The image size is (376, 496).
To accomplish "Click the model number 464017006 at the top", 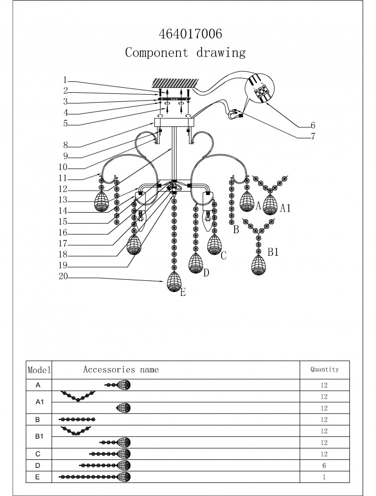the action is (191, 34).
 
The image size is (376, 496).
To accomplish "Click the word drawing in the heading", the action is (221, 53).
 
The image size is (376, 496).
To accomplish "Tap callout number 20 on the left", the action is (63, 276).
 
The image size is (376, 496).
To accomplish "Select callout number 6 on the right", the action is (313, 125).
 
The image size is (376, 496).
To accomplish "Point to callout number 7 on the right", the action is (313, 136).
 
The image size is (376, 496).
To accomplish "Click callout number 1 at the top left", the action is (65, 80).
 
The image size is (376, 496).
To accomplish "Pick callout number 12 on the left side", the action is (63, 189).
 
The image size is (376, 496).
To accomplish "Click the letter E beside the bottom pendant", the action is (183, 292).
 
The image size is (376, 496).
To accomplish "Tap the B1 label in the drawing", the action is (273, 252).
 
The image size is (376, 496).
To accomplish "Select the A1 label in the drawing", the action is (285, 208).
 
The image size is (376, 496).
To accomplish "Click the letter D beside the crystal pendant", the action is (206, 273).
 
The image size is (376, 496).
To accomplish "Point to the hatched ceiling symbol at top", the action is (175, 83).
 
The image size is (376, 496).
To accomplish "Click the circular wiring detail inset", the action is (259, 88).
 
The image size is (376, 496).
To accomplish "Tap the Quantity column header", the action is (324, 369).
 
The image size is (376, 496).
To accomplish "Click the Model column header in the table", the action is (39, 370).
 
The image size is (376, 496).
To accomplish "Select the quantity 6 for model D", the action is (324, 465).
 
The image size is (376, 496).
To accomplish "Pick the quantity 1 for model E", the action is (324, 477).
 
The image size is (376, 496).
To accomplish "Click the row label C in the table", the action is (38, 454).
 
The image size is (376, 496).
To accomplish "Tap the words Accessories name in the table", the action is (121, 370).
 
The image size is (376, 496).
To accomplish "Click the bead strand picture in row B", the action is (77, 420).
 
